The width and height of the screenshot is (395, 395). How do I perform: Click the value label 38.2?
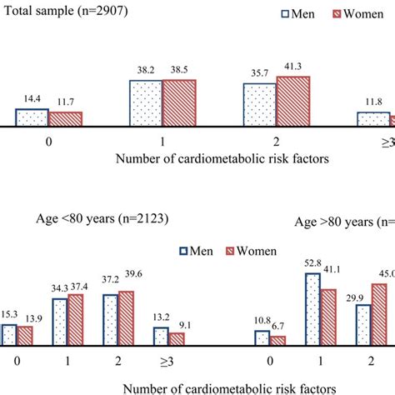(x=146, y=72)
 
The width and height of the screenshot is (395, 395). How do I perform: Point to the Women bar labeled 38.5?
(x=179, y=103)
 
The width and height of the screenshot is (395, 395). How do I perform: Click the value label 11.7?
(x=63, y=102)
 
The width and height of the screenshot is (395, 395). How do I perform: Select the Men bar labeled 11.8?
(x=372, y=119)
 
